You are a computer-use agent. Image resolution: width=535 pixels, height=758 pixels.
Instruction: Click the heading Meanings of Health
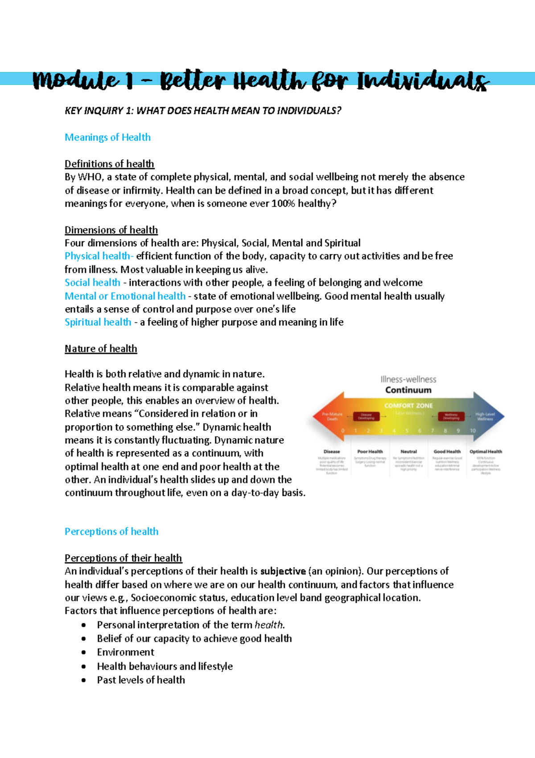coord(107,137)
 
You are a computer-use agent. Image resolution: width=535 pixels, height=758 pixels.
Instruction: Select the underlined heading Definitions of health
coord(109,164)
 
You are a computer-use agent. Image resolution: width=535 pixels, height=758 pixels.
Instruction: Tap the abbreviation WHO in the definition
coord(90,177)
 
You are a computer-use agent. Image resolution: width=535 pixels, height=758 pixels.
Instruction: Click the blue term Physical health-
coord(99,256)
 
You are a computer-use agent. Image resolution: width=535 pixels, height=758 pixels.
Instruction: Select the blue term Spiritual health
coord(98,322)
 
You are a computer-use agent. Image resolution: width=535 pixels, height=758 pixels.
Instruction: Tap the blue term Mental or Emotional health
coord(125,296)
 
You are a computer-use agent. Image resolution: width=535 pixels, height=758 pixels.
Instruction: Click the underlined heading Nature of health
coord(101,349)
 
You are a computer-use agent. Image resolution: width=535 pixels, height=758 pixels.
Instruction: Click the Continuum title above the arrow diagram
coord(408,390)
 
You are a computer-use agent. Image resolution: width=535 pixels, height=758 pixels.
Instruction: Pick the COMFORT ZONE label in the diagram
coord(408,406)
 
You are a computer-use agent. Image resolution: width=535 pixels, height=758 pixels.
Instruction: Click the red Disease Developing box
coord(366,416)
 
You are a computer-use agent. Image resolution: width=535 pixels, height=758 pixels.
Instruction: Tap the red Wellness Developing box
coord(451,416)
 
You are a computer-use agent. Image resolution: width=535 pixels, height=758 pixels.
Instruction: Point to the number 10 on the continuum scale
coord(473,431)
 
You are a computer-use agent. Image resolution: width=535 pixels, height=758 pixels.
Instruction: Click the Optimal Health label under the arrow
coord(486,452)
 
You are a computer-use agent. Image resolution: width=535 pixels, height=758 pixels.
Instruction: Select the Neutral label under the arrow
coord(408,452)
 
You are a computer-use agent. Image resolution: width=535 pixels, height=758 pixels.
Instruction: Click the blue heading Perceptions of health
coord(111,532)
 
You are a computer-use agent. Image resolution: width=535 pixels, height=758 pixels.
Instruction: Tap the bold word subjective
coord(283,571)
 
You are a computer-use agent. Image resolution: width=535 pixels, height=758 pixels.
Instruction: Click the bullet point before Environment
coord(84,653)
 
